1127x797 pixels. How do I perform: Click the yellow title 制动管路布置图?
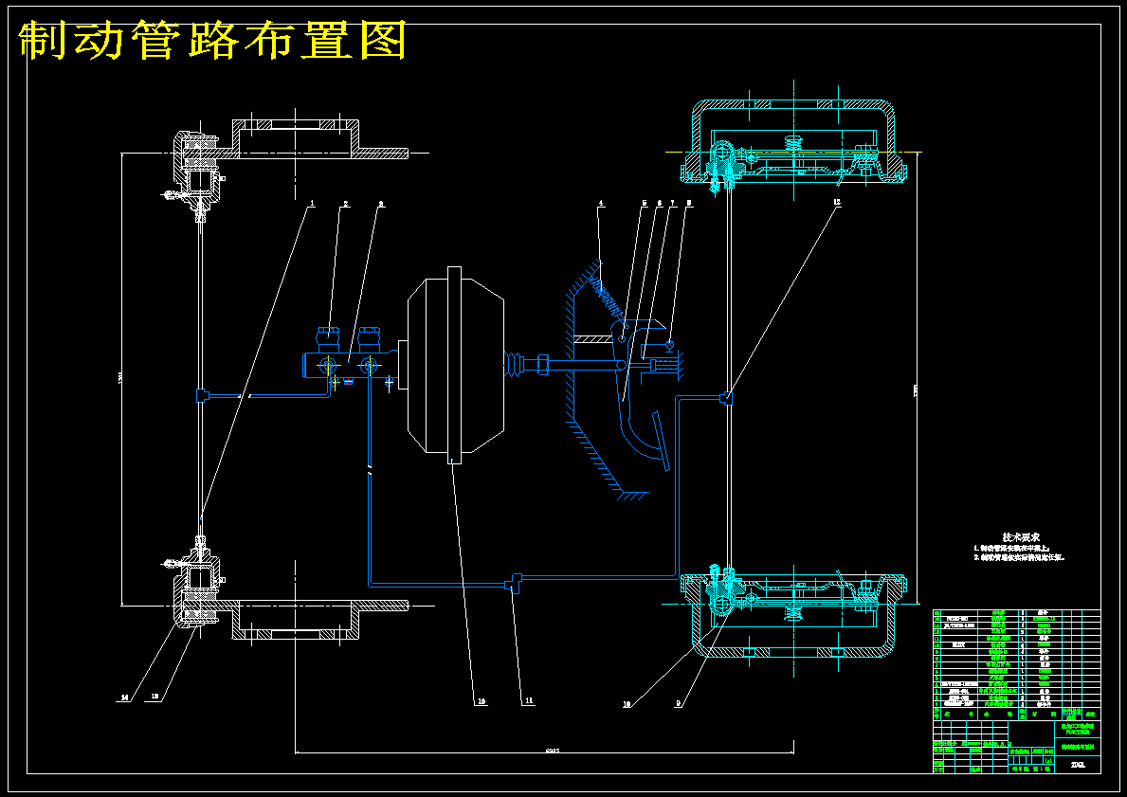[213, 40]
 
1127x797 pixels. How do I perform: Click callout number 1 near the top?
[311, 204]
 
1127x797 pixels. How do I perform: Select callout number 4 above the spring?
[600, 204]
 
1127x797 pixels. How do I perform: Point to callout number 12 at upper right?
[837, 203]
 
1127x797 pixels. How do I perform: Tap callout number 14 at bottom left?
[123, 697]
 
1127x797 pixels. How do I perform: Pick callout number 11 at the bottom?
[529, 701]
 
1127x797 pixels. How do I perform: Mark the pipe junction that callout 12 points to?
[726, 399]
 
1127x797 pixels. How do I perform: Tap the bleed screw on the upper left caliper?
[171, 196]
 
